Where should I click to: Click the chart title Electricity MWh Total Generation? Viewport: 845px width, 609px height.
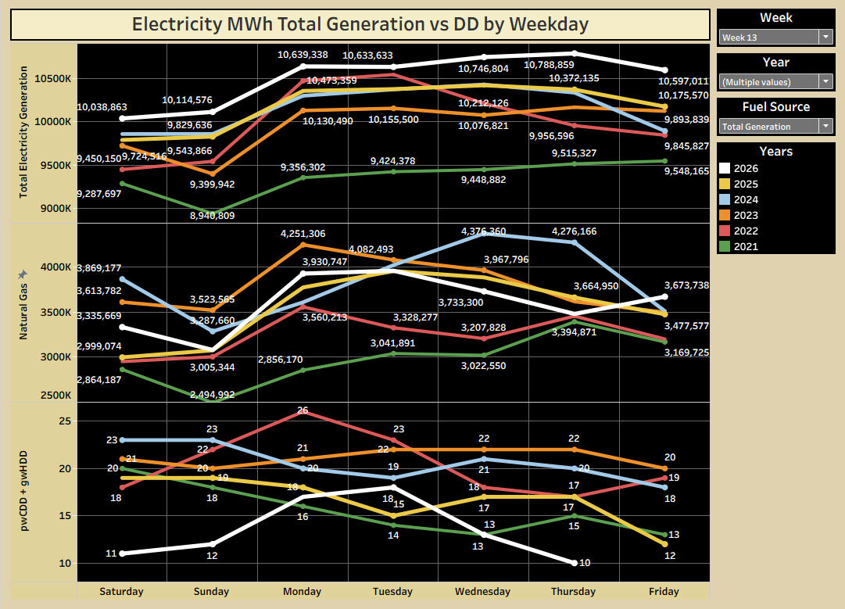[x=360, y=24]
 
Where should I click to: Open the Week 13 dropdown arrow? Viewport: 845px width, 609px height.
[x=825, y=37]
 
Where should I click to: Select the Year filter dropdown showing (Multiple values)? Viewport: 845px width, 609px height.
[x=775, y=81]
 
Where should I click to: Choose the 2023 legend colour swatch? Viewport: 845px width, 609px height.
[x=725, y=215]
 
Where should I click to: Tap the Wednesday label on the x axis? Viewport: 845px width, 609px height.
[x=483, y=592]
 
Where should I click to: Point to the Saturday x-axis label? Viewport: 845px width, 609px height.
[x=121, y=592]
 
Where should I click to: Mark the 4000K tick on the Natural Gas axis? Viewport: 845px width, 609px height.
[x=56, y=267]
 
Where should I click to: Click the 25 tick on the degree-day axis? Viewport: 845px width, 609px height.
[x=65, y=421]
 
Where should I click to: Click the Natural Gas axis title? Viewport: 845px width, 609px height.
[x=23, y=312]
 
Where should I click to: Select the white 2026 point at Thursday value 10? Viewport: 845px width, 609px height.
[x=575, y=563]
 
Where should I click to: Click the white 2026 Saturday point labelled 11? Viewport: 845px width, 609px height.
[x=122, y=553]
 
